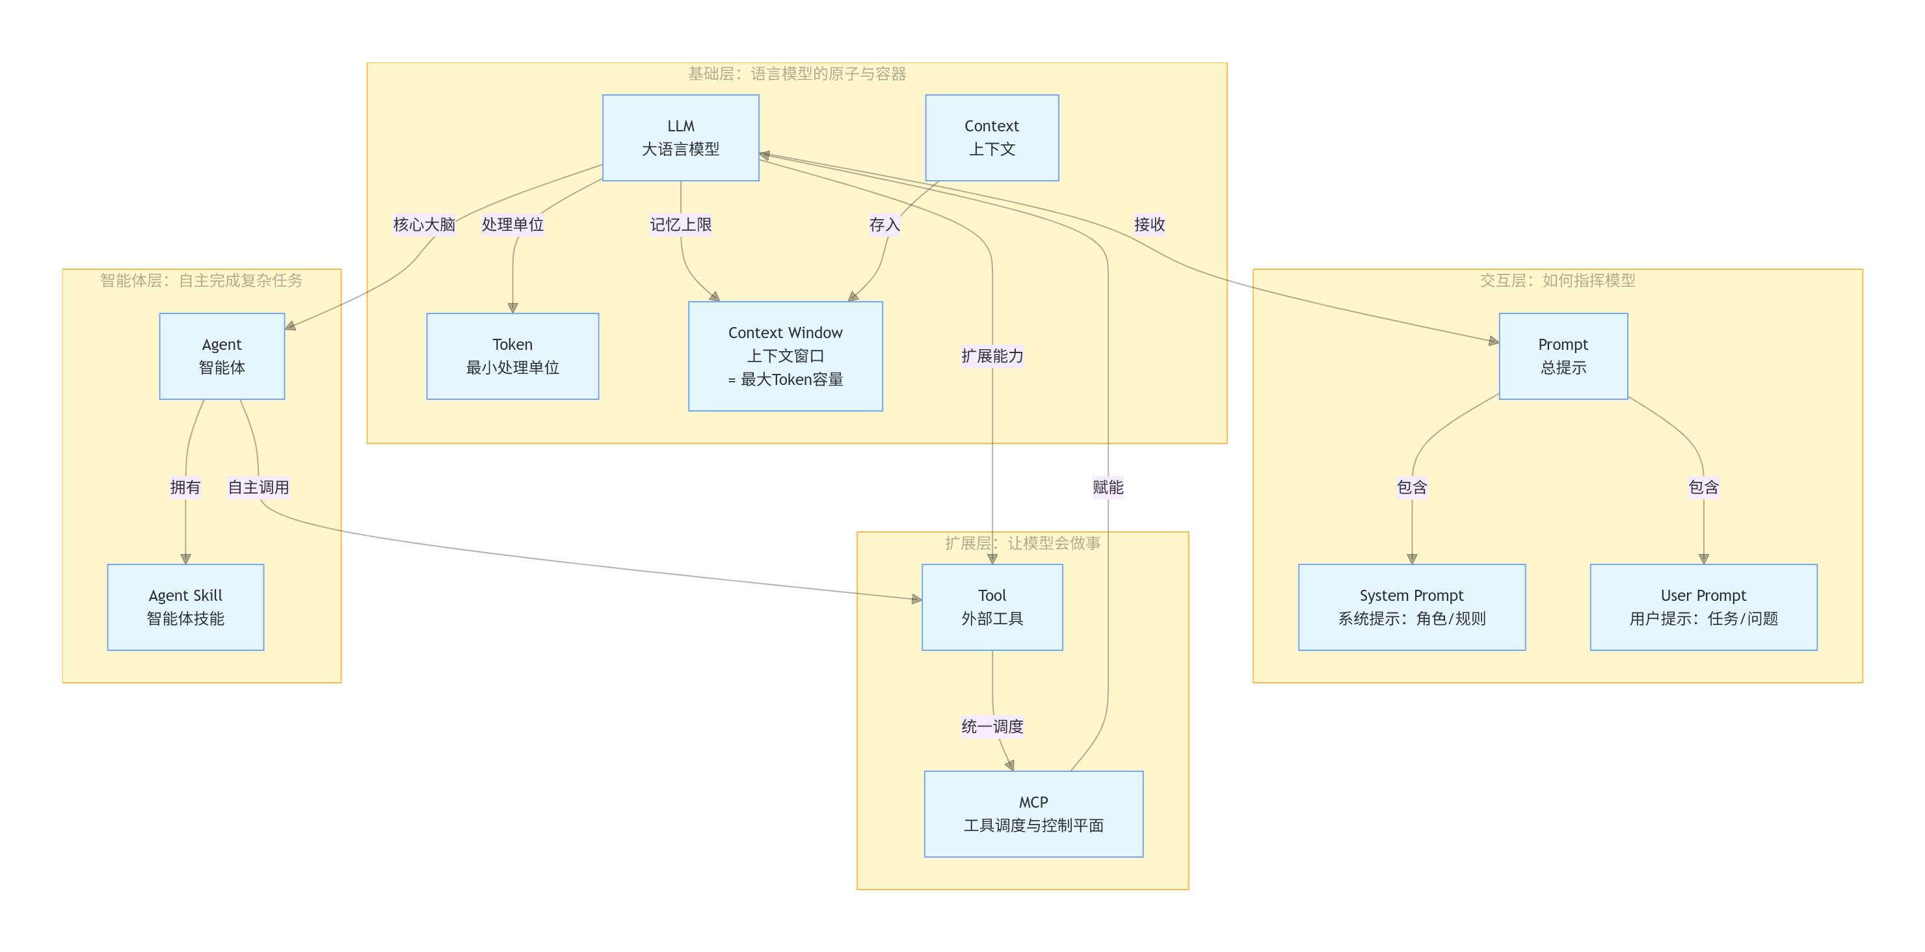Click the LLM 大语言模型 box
(680, 137)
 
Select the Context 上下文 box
(992, 137)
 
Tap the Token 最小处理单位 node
(512, 356)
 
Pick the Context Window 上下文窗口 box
(785, 356)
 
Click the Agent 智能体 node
(221, 356)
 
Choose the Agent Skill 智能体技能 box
(185, 607)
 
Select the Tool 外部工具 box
(992, 607)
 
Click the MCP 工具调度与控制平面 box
(1033, 813)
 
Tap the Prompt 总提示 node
(1563, 356)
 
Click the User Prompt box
(1703, 607)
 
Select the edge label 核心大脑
(424, 224)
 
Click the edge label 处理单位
(512, 224)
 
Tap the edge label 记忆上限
(680, 224)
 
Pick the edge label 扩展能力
(992, 356)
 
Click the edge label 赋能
(1108, 487)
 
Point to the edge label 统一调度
(992, 726)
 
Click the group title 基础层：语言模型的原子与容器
(797, 74)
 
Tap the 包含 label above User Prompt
(1703, 487)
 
